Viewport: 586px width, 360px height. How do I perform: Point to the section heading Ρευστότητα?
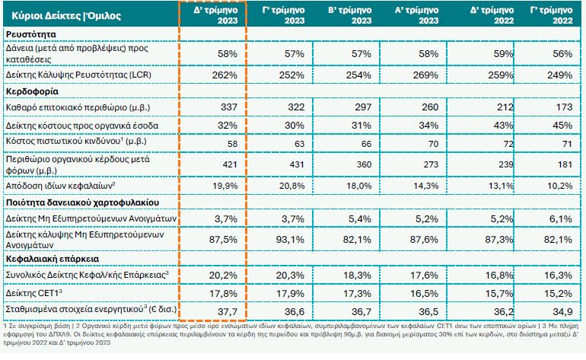[33, 35]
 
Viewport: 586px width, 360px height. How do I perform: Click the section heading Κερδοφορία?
[35, 91]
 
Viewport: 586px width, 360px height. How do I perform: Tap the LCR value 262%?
[228, 75]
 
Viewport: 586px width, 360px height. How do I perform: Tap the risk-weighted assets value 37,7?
[228, 310]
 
